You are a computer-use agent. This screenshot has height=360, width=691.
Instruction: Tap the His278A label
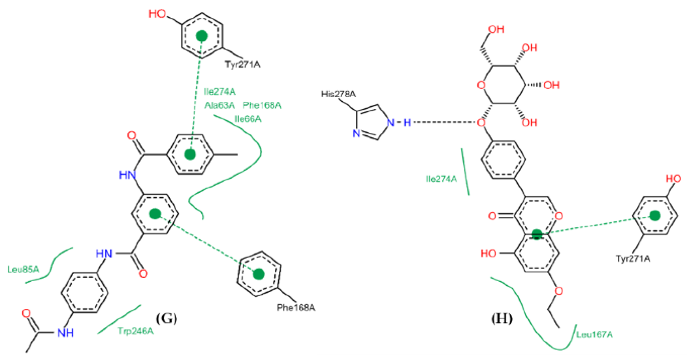(338, 94)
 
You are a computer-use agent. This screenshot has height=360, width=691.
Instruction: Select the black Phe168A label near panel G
(296, 308)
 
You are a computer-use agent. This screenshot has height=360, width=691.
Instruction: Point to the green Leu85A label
(23, 270)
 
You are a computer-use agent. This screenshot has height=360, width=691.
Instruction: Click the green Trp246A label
(136, 331)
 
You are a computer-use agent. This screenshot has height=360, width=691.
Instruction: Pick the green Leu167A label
(594, 334)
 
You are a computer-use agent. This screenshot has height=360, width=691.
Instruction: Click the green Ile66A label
(248, 119)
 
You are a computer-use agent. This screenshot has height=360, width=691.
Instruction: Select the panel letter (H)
(501, 318)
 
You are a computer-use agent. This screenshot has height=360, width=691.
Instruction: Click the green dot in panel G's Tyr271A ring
(202, 36)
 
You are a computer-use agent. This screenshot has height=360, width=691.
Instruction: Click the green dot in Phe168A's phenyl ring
(259, 274)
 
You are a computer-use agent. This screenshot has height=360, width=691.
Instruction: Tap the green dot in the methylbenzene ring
(190, 154)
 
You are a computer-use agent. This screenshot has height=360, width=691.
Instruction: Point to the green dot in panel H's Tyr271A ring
(655, 216)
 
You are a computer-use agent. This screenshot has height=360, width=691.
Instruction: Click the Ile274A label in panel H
(441, 179)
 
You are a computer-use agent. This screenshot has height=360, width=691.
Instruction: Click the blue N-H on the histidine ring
(399, 123)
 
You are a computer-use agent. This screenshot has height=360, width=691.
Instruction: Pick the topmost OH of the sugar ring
(496, 29)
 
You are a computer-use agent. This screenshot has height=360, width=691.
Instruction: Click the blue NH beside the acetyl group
(65, 333)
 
